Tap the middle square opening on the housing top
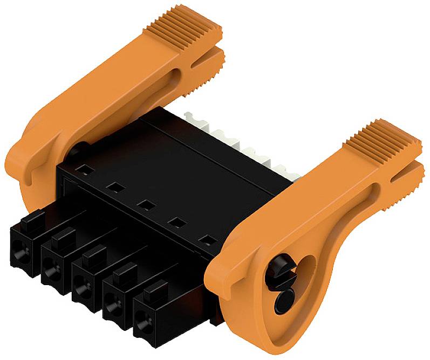click(144, 205)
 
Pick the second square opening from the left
click(113, 188)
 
